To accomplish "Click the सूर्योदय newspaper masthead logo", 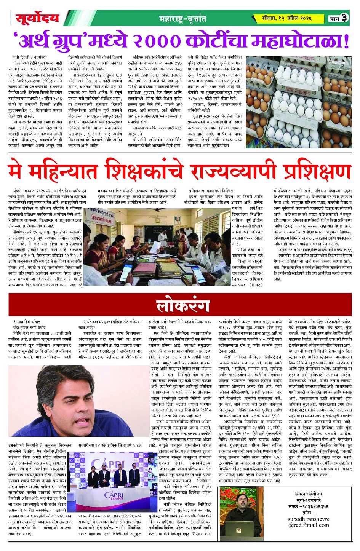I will click(37, 18).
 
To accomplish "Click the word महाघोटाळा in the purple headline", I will click(299, 40).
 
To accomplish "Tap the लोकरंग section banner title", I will click(183, 306).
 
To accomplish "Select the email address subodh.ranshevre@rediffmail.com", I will click(308, 522).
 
